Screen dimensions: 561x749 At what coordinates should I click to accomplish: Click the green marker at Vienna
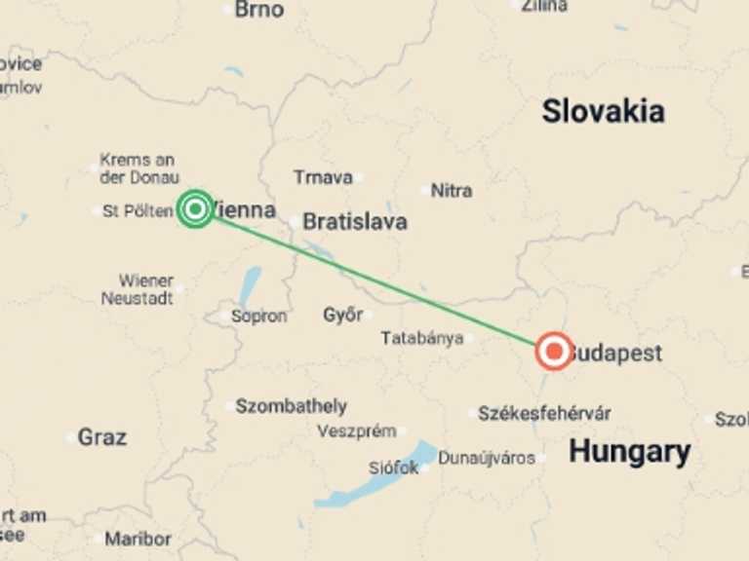coord(195,208)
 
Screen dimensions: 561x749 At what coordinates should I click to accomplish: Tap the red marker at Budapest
coord(554,351)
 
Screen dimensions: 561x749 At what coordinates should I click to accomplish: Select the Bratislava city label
coord(354,222)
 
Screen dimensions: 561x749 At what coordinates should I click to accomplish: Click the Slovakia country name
coord(603,111)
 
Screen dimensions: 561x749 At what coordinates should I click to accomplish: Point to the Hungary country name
coord(629,451)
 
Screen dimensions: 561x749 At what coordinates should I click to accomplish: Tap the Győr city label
coord(342,315)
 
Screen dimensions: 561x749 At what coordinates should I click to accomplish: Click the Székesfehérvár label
coord(544,413)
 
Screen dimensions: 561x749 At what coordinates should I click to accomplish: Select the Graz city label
coord(102,437)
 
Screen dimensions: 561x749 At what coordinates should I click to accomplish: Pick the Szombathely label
coord(291,406)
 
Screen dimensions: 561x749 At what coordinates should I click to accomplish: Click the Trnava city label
coord(323,177)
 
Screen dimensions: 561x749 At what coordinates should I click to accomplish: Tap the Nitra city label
coord(452,190)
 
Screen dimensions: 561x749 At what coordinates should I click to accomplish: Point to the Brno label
coord(259,10)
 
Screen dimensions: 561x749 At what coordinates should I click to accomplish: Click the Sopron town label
coord(258,316)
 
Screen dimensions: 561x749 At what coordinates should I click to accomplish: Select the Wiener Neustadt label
coord(138,289)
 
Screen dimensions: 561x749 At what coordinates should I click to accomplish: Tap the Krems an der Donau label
coord(138,168)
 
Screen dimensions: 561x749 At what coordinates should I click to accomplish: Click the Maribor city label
coord(138,539)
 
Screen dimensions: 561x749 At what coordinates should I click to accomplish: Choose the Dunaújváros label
coord(486,458)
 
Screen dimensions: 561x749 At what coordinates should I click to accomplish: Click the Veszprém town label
coord(356,430)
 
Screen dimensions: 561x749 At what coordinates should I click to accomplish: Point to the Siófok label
coord(393,467)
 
